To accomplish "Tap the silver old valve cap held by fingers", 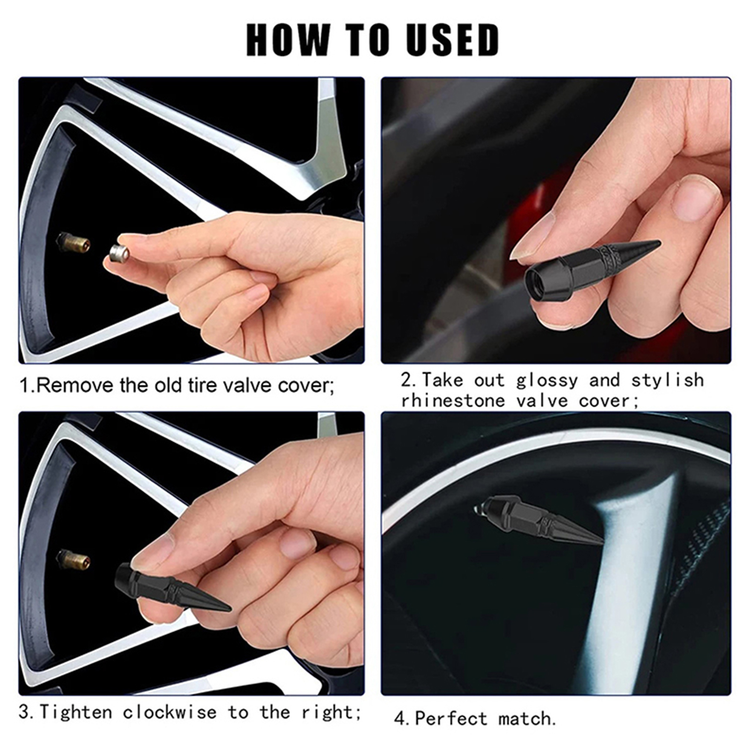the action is coord(119,253).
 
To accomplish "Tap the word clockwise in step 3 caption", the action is coord(170,712).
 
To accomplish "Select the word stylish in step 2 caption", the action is coord(667,381).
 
